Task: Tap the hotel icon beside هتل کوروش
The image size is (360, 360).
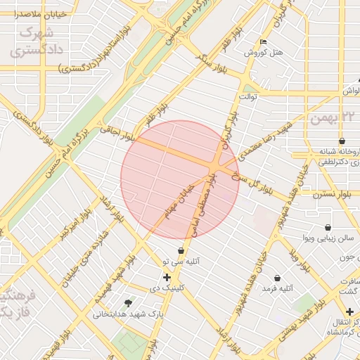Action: [263, 41]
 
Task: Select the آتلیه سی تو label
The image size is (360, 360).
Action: [181, 261]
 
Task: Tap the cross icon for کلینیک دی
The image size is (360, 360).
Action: [167, 277]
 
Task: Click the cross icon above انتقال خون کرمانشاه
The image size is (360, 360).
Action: [349, 311]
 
